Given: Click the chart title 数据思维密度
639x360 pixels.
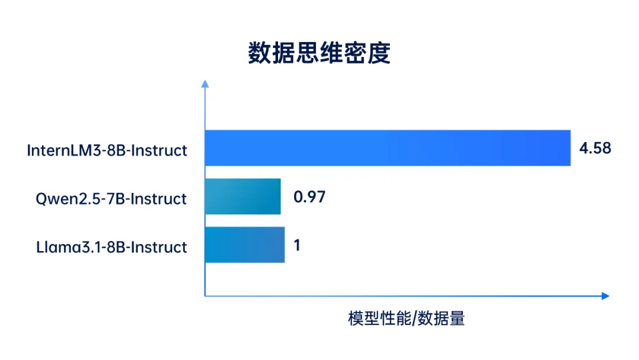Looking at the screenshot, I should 319,53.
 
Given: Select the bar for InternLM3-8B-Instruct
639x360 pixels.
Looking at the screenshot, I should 388,148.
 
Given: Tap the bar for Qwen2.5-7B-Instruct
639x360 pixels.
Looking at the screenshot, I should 243,197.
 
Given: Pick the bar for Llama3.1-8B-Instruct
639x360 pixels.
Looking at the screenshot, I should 244,245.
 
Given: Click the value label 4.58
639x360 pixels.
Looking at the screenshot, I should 595,148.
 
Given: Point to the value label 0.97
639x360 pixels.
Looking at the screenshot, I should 309,197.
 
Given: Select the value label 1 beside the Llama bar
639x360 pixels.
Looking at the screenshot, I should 297,245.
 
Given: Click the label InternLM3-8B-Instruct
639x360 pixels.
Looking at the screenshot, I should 107,150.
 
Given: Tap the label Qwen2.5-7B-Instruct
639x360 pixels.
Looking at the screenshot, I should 111,199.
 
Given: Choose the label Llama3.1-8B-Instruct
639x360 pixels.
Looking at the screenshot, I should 111,247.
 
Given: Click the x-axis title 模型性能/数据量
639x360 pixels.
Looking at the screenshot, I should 406,319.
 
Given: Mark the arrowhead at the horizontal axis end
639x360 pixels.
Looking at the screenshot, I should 605,295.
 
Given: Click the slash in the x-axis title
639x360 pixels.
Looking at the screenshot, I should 413,319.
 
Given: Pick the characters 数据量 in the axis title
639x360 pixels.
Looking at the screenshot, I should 441,319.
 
